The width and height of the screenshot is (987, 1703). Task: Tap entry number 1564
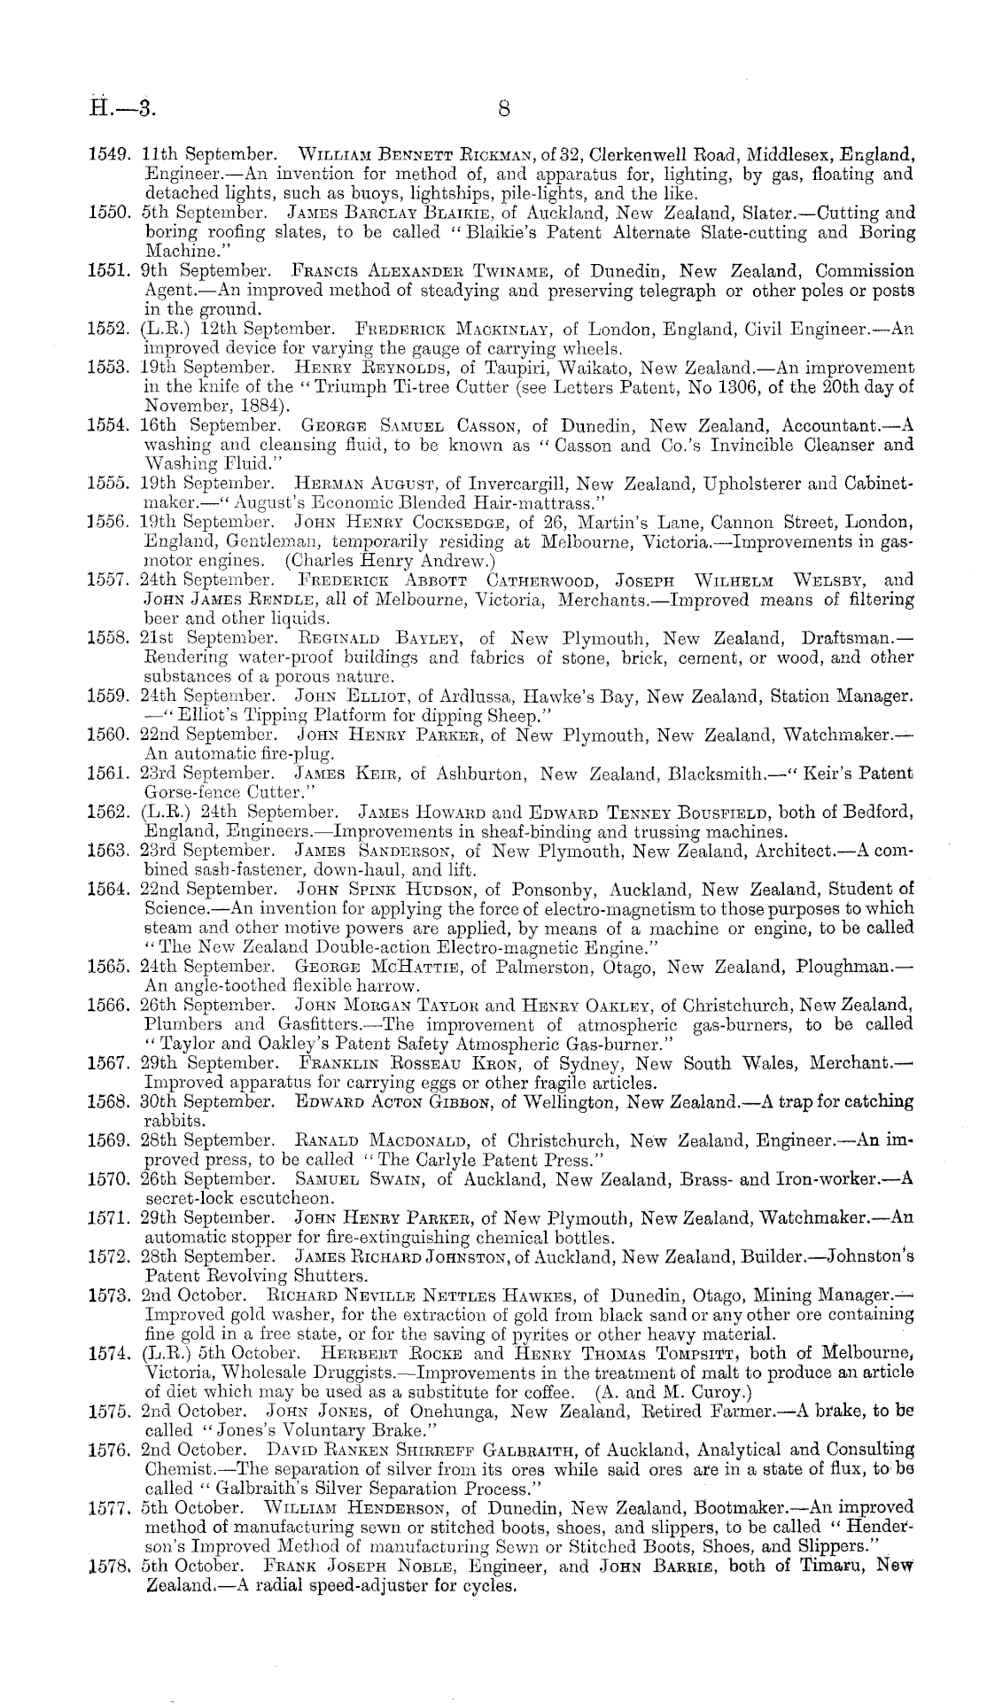click(113, 889)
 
